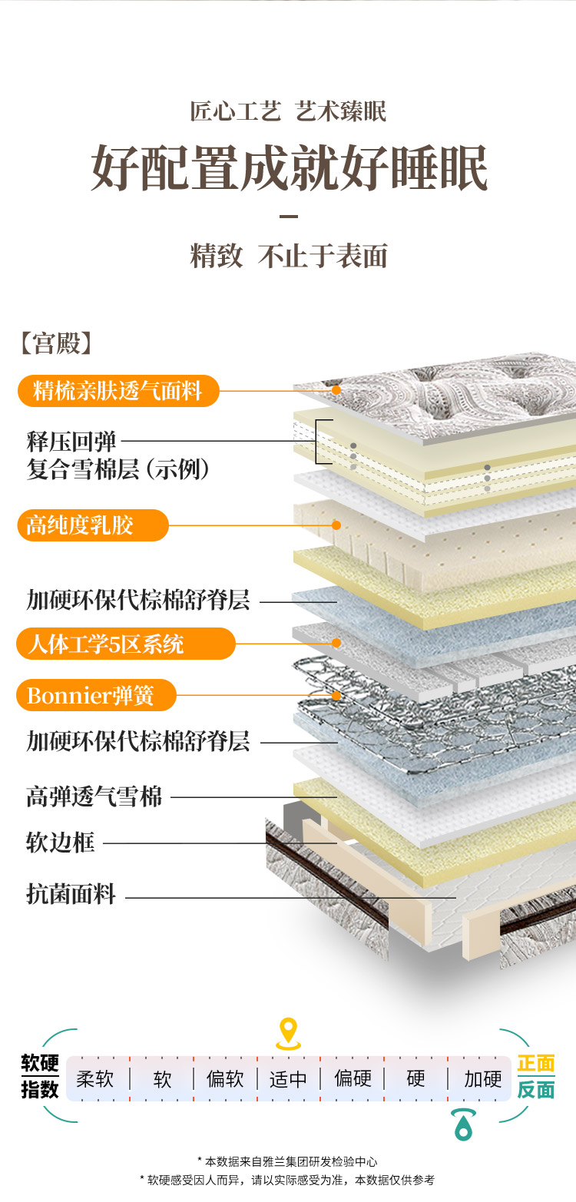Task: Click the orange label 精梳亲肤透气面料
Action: (x=118, y=391)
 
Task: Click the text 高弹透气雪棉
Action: (x=94, y=796)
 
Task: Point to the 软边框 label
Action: (x=61, y=843)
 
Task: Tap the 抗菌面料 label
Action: (x=71, y=894)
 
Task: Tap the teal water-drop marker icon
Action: (x=463, y=1124)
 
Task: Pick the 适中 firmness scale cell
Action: (x=288, y=1079)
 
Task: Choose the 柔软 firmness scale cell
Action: (x=95, y=1079)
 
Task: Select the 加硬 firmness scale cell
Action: (x=482, y=1079)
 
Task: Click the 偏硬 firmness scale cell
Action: (x=353, y=1079)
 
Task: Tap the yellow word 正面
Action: (x=536, y=1064)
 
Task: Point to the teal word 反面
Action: (x=536, y=1090)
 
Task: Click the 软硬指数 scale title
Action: (x=40, y=1077)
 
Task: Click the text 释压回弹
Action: (x=71, y=442)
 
